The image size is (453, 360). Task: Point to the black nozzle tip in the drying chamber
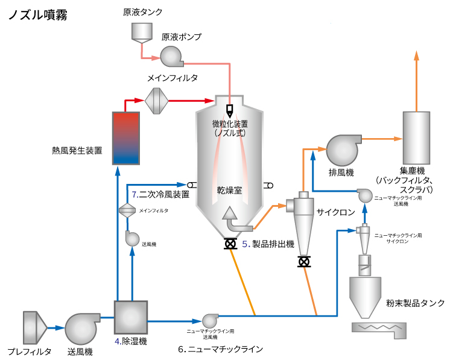(230, 110)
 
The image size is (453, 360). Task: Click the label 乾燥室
(229, 190)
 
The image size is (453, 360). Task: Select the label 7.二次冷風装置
(160, 194)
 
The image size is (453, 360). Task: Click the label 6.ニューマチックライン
(221, 349)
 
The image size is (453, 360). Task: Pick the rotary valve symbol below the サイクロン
(305, 262)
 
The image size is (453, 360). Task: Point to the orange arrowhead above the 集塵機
(416, 55)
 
